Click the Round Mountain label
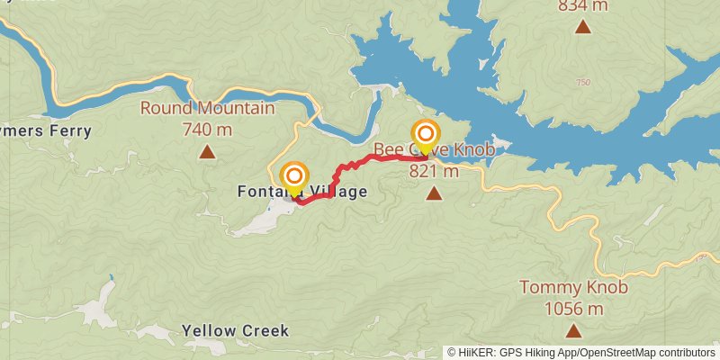coord(207,109)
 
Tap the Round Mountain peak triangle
coord(207,151)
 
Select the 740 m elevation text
coord(207,130)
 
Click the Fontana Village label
coord(301,192)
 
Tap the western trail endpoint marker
coord(293,177)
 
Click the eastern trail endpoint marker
coord(426,136)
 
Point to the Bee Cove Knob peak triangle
coord(434,193)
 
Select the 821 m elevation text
coord(434,171)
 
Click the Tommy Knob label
coord(573,288)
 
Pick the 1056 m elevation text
coord(573,309)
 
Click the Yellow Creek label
coord(235,330)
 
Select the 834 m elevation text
coord(583,6)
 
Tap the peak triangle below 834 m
coord(583,27)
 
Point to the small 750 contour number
coord(583,83)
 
